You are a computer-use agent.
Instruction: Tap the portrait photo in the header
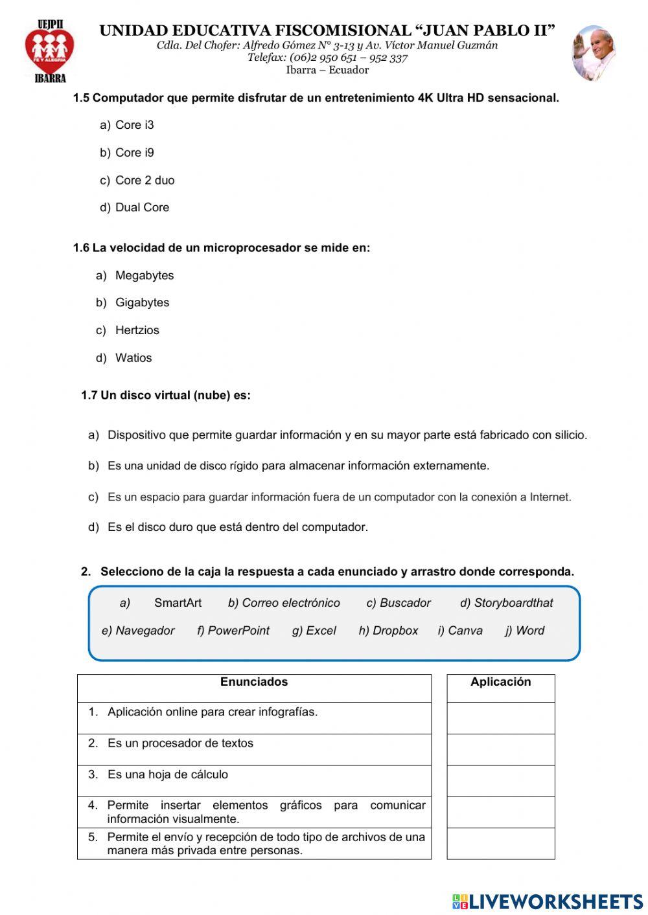[593, 53]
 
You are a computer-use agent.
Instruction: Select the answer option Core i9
[134, 153]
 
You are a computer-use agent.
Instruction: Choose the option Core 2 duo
[145, 181]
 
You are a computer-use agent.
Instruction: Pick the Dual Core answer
[142, 208]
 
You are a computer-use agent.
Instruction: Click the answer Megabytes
[145, 276]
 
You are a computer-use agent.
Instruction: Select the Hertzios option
[137, 330]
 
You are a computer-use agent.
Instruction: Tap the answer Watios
[133, 358]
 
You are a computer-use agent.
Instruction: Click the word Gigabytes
[142, 303]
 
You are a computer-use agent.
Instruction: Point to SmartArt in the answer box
[178, 603]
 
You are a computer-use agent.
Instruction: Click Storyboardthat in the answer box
[513, 603]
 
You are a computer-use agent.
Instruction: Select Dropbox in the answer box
[395, 631]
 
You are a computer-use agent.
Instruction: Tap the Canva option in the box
[465, 631]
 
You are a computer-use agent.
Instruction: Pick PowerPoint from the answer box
[238, 631]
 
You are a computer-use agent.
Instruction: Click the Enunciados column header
[254, 682]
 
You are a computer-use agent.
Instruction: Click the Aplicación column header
[500, 682]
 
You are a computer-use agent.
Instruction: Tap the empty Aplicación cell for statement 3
[500, 781]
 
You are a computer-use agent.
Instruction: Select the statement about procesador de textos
[180, 743]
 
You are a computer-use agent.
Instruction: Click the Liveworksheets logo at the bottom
[548, 901]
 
